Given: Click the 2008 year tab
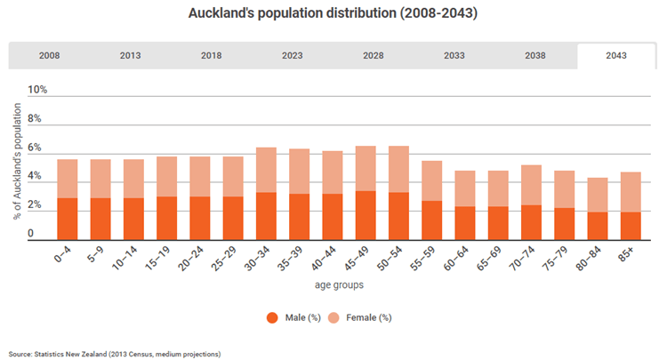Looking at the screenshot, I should coord(49,55).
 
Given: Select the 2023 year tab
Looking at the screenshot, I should coord(292,55).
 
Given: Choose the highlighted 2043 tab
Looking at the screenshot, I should coord(614,55).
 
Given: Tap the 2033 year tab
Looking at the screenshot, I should coord(454,55).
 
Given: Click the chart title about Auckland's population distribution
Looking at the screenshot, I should coord(333,14).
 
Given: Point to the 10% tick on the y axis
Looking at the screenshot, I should coord(37,90).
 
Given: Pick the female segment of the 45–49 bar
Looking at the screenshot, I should coord(366,168).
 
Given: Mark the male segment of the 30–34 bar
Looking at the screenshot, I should coord(265,216).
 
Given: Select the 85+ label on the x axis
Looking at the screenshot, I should coord(628,257).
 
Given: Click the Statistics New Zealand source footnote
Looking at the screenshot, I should coord(115,354).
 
